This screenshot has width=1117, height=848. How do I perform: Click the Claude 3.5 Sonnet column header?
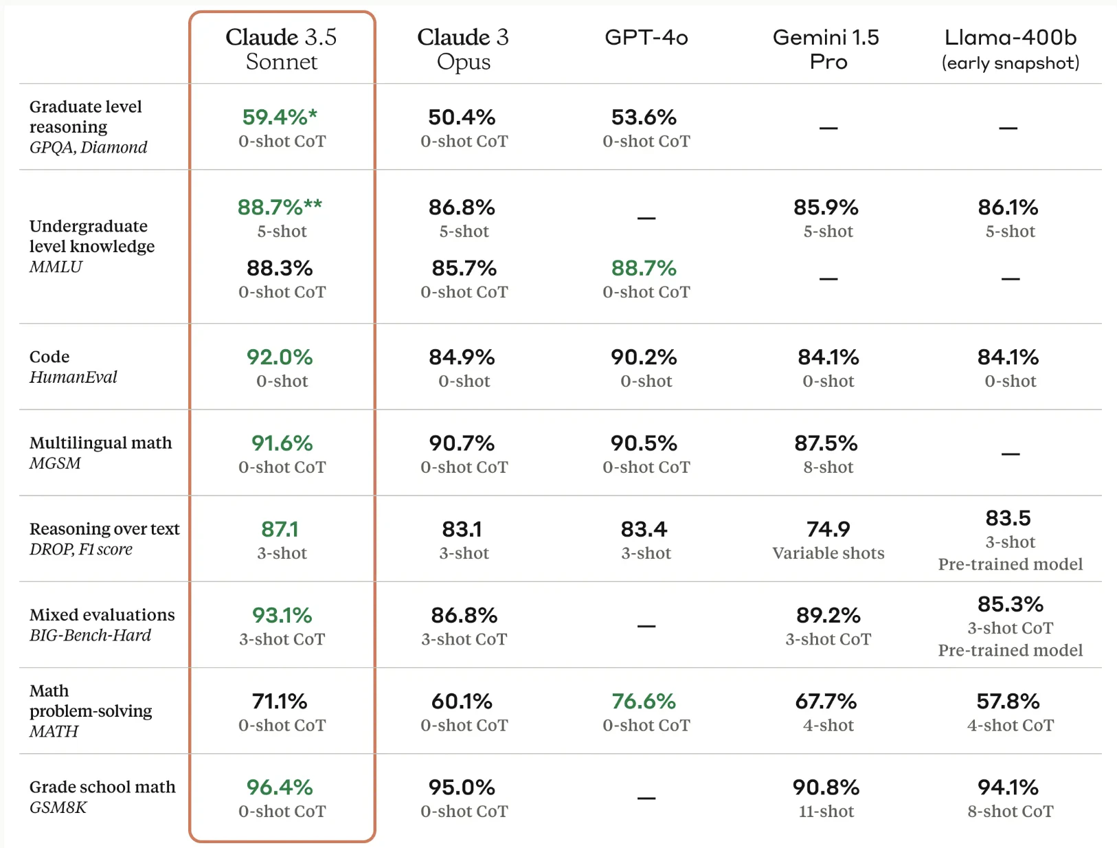point(282,49)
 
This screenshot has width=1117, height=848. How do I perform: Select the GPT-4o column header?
point(646,37)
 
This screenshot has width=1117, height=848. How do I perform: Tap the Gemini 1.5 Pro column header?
point(826,49)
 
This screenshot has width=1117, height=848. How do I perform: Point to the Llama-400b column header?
point(1010,49)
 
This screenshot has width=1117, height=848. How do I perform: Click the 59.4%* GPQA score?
point(280,117)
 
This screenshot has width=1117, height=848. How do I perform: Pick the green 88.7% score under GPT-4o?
point(644,268)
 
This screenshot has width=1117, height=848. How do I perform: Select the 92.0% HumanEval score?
point(280,357)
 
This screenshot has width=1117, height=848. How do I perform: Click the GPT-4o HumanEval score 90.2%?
point(644,357)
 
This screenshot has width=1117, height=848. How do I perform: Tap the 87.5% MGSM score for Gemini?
point(826,443)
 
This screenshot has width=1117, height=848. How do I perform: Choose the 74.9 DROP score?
point(828,529)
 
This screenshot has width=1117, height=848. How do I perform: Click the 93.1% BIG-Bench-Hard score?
point(282,616)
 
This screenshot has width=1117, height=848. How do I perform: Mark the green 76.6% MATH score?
point(644,702)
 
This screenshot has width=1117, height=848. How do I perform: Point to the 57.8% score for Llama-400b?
point(1008,702)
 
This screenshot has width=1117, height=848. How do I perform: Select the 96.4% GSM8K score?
point(280,788)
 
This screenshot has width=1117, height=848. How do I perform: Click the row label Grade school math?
point(102,787)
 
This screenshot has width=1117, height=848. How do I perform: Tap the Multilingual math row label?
point(101,443)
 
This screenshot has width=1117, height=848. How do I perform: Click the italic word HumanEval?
point(74,377)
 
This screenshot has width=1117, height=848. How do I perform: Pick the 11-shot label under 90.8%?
point(826,812)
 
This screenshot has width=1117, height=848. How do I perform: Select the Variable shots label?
point(828,553)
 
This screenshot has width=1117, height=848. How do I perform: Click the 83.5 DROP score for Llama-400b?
point(1008,518)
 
